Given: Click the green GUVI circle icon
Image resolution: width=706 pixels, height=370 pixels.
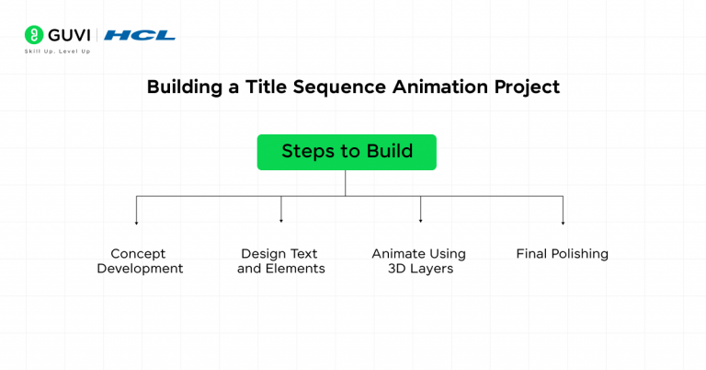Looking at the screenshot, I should click(34, 35).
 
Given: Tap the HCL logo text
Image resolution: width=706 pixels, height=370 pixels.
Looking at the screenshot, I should click(140, 35).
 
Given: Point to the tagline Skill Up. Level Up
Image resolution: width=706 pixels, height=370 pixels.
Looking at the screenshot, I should click(57, 52).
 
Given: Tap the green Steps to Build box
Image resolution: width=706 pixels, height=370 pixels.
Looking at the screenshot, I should click(347, 152).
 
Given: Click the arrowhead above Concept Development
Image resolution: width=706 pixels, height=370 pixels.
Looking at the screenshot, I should click(136, 222).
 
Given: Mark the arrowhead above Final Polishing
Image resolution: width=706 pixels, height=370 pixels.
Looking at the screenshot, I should click(563, 222).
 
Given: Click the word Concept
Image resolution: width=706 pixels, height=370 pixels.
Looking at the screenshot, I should click(138, 254).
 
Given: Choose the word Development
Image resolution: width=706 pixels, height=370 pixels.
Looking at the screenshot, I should click(140, 269).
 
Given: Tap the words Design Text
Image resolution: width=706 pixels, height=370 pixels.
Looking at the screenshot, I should click(279, 254).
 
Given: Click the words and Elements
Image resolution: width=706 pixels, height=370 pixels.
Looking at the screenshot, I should click(281, 269).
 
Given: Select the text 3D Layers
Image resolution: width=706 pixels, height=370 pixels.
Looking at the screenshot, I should click(420, 269).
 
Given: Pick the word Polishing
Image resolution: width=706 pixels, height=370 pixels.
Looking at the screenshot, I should click(580, 254).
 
